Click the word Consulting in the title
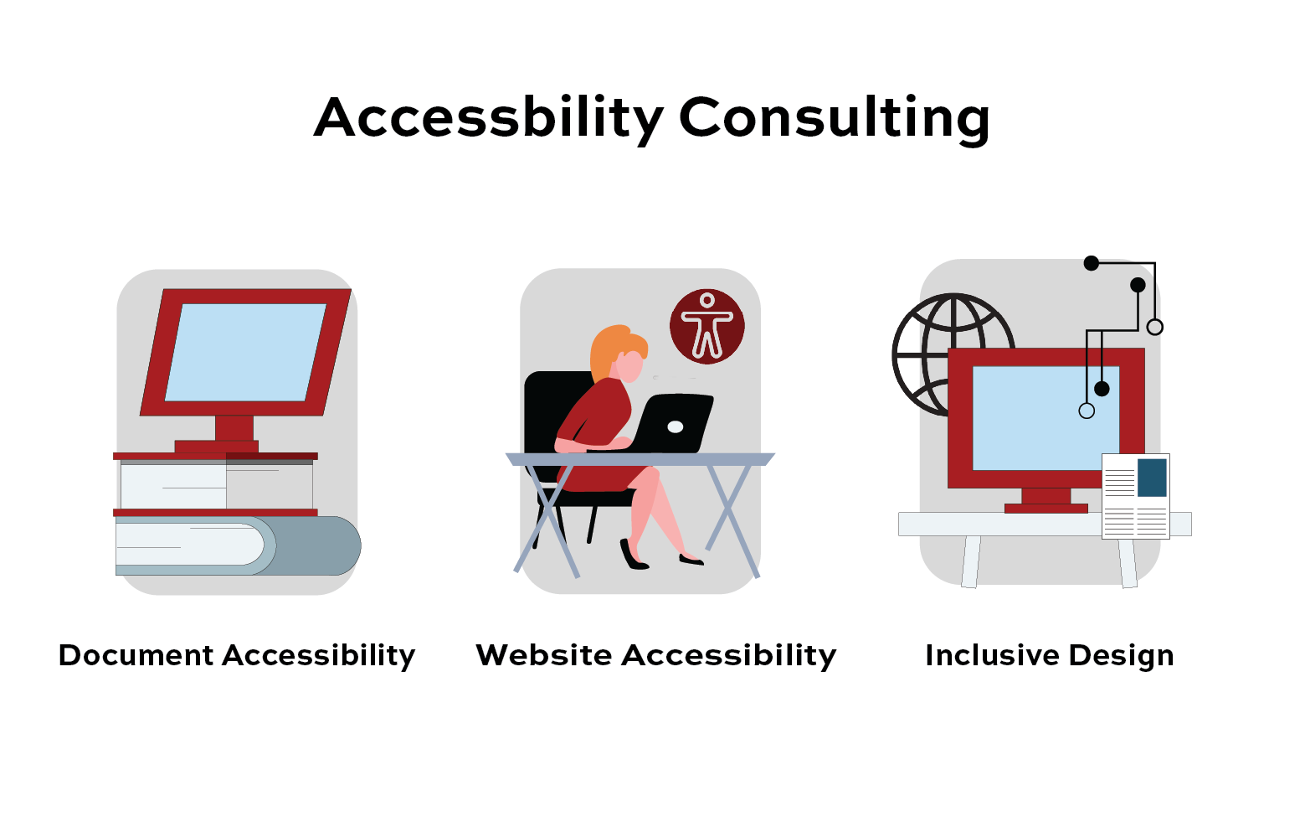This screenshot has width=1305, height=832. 835,119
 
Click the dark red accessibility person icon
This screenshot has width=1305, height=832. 706,327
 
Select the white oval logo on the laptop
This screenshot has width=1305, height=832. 676,426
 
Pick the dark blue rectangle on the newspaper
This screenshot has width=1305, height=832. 1152,478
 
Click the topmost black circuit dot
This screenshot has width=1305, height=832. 1092,264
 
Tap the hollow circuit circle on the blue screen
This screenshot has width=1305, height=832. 1087,411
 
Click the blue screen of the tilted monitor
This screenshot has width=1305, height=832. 246,353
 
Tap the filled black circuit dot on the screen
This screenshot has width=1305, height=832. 1102,389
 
